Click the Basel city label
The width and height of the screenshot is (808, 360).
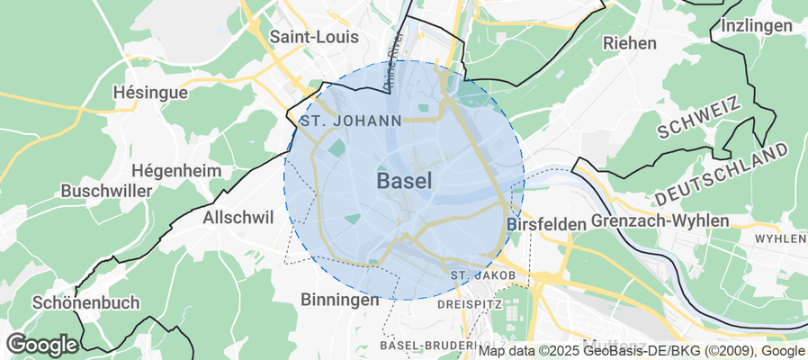tap(404, 181)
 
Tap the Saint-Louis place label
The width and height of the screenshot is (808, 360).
tap(314, 37)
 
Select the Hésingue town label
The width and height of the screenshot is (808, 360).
tap(150, 93)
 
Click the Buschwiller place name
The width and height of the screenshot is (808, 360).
tap(104, 191)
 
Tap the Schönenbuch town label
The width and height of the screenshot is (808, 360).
tap(84, 302)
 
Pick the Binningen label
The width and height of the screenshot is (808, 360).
tap(340, 300)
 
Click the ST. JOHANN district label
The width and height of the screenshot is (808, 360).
tap(351, 120)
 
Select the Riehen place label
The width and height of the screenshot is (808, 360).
tap(630, 42)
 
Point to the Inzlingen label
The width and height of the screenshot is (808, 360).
tap(756, 25)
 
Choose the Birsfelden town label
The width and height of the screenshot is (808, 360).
tap(547, 223)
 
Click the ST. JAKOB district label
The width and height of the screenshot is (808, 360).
tap(483, 274)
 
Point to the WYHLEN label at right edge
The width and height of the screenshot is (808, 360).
tap(780, 239)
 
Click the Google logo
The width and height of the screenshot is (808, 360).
tap(41, 344)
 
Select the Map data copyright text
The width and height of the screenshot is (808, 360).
tap(642, 351)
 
